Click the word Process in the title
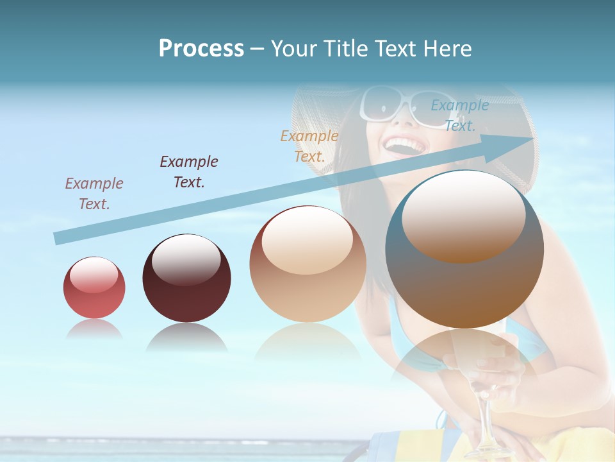tap(201, 49)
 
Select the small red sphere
tap(94, 288)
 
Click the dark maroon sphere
tap(186, 279)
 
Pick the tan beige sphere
tap(307, 264)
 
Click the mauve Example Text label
tap(94, 194)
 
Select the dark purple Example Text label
tap(189, 172)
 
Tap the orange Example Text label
tap(309, 146)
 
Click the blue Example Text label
tap(459, 116)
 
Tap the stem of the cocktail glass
tap(485, 411)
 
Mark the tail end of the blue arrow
tap(58, 239)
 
